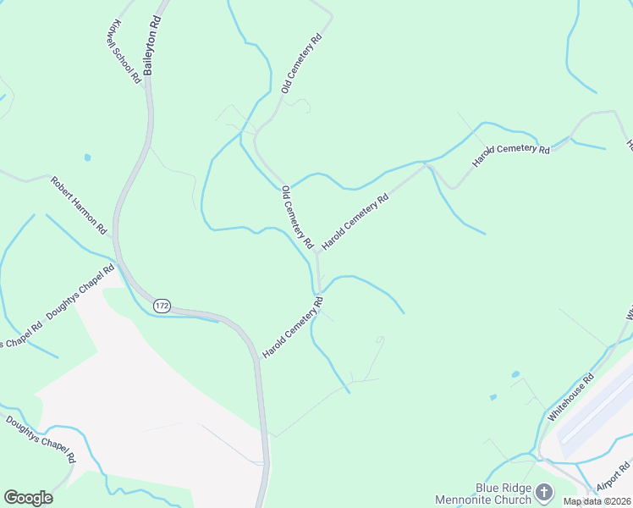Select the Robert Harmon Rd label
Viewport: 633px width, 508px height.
point(79,206)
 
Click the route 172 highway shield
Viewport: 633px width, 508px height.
point(162,305)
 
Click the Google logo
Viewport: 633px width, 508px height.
point(28,498)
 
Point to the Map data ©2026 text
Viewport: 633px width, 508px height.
point(597,501)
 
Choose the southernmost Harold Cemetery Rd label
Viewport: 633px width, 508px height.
point(293,326)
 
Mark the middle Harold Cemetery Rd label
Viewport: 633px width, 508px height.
point(355,220)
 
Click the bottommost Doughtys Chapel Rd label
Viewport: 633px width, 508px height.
point(41,439)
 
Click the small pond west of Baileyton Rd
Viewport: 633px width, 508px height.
point(87,157)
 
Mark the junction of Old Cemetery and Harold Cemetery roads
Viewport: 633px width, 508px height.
point(317,251)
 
